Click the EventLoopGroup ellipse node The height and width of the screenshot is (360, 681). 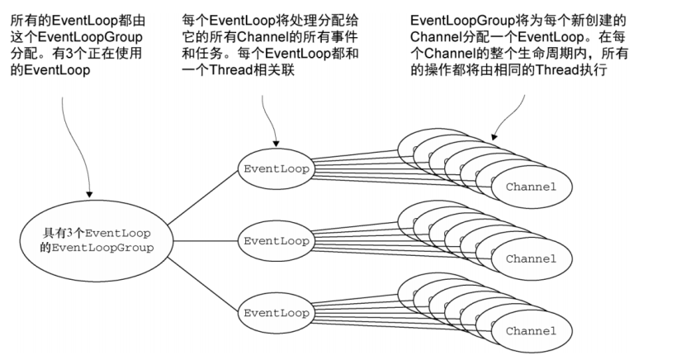[x=87, y=239]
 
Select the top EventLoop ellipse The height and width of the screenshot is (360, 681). [x=277, y=168]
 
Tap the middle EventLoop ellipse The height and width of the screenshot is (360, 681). [x=277, y=241]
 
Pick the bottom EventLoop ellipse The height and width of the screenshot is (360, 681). [x=277, y=313]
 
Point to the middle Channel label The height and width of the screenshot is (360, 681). [x=531, y=258]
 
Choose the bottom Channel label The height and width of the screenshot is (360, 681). [x=531, y=330]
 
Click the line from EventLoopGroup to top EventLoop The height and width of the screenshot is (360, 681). [x=198, y=198]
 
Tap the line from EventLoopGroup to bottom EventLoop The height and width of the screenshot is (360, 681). [x=198, y=281]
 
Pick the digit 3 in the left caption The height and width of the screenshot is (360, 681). [x=71, y=54]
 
